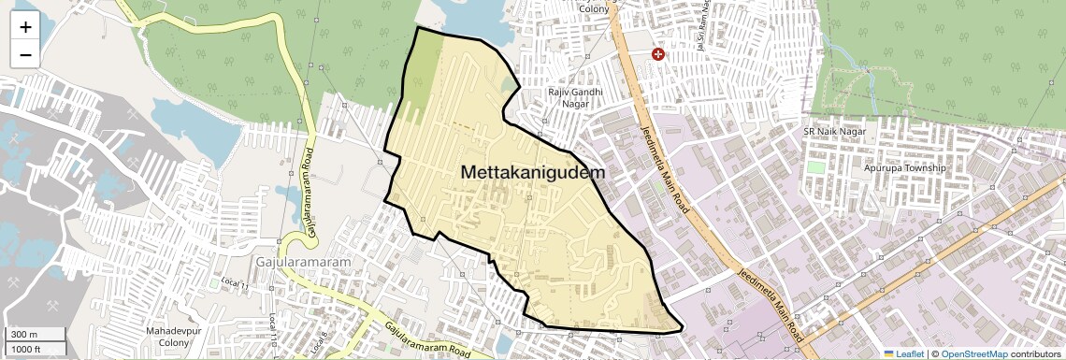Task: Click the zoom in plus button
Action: (25, 27)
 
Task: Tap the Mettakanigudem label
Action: (533, 173)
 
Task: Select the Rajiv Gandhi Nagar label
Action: (575, 98)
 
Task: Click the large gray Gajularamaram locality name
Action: (303, 262)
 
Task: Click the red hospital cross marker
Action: (658, 55)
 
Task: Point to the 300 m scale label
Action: (25, 335)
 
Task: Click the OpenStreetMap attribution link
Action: (974, 353)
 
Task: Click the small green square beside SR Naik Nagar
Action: (816, 168)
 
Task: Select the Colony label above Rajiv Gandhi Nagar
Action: (593, 8)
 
